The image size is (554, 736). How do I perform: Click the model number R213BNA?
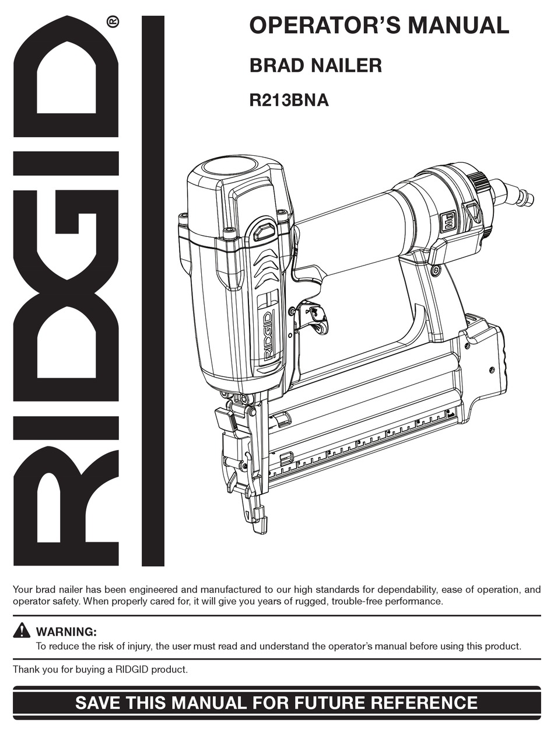click(289, 100)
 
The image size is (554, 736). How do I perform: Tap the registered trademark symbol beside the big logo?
click(113, 22)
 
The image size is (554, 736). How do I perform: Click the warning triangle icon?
click(22, 630)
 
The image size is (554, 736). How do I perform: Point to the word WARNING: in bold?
click(66, 632)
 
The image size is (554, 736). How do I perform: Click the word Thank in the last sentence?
click(26, 669)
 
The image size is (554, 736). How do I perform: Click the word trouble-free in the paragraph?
click(359, 601)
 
